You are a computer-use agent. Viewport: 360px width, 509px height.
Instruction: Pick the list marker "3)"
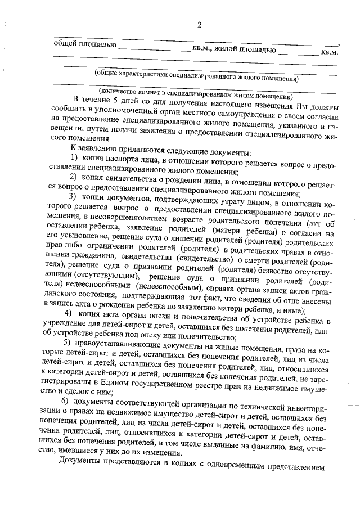pos(74,196)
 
